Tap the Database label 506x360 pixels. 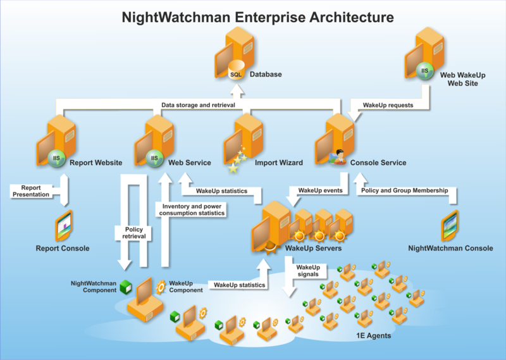266,75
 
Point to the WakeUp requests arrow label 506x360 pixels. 388,105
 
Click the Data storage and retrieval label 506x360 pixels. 198,105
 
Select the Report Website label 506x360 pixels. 96,163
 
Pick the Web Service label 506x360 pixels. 190,163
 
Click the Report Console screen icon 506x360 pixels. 65,225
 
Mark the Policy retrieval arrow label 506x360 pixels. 133,232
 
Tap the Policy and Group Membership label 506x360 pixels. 404,190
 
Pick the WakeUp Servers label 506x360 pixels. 314,249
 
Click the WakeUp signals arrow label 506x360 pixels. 307,270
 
